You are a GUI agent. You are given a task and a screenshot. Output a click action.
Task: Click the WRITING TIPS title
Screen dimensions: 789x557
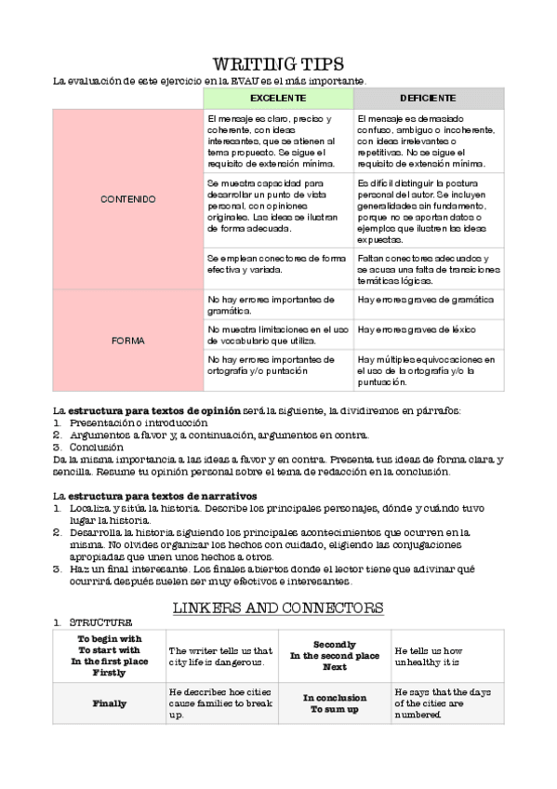click(279, 64)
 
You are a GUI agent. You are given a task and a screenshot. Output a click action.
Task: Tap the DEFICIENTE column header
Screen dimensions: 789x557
click(428, 98)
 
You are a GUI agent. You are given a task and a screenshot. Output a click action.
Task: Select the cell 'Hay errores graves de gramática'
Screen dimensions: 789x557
click(424, 300)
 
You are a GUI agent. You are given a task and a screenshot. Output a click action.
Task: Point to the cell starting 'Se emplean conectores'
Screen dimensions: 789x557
click(276, 263)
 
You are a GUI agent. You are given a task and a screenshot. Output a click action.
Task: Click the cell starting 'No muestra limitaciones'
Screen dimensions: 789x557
click(276, 335)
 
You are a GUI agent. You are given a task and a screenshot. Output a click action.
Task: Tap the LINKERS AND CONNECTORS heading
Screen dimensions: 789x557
click(278, 608)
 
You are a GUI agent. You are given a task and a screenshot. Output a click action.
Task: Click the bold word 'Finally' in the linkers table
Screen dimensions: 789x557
click(110, 704)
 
